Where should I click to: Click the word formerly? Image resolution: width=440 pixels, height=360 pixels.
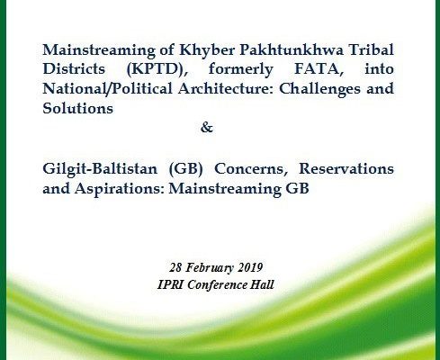[x=241, y=69]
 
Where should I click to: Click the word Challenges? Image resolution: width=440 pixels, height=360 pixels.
[x=320, y=89]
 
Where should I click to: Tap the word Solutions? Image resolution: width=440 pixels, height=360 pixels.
[x=78, y=108]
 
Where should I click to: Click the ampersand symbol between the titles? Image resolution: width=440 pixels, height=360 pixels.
[x=207, y=128]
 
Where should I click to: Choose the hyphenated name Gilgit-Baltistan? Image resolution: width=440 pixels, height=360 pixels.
[x=100, y=169]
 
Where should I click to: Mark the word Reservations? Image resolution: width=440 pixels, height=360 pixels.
[x=346, y=168]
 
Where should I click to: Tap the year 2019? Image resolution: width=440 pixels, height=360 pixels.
[x=250, y=267]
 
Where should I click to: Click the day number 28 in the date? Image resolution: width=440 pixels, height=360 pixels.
[x=175, y=267]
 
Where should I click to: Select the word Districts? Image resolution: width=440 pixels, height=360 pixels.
[x=74, y=69]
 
